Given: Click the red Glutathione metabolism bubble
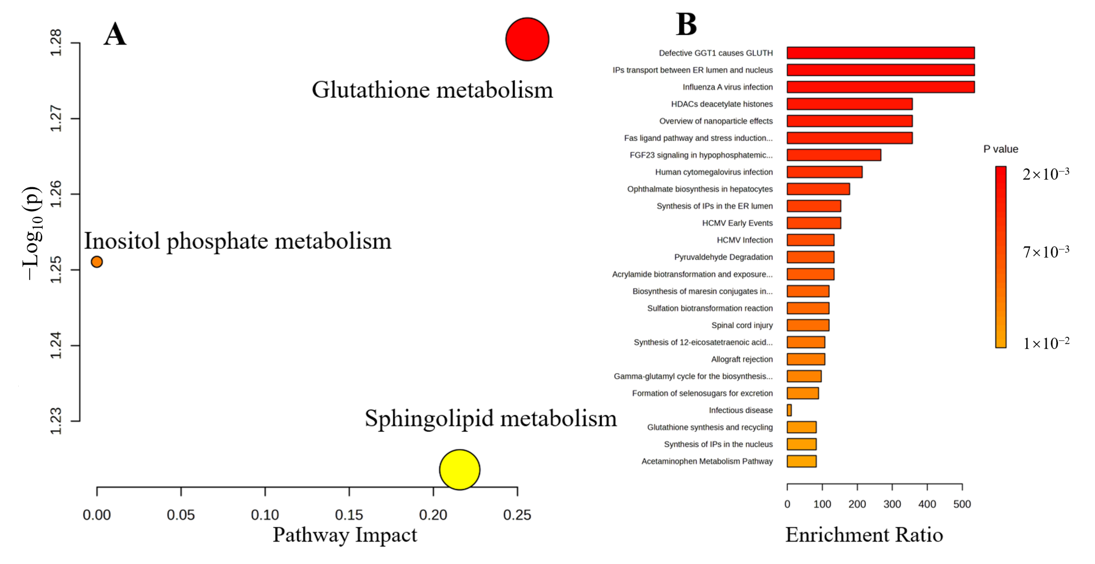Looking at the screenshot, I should pyautogui.click(x=527, y=39).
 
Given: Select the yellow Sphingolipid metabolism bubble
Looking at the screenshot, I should pyautogui.click(x=460, y=469).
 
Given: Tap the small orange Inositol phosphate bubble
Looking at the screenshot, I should pyautogui.click(x=97, y=262).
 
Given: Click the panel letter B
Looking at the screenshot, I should pyautogui.click(x=686, y=24).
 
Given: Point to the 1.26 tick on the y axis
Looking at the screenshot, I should pyautogui.click(x=56, y=194).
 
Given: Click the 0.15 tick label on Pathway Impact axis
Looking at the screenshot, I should pyautogui.click(x=349, y=515).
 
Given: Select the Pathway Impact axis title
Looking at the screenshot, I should pyautogui.click(x=345, y=535).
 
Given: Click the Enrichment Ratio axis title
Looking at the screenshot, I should pyautogui.click(x=864, y=535).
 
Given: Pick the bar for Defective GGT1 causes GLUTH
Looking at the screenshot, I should pyautogui.click(x=880, y=53).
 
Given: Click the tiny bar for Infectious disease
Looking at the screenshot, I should pyautogui.click(x=789, y=410).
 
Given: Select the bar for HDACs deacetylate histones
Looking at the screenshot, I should pyautogui.click(x=849, y=104).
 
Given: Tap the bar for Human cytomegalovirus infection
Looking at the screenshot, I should pyautogui.click(x=824, y=172).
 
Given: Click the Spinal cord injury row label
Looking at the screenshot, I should pyautogui.click(x=742, y=325).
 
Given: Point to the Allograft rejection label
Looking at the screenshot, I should pyautogui.click(x=742, y=359).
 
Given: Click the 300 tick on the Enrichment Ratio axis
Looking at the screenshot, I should pyautogui.click(x=892, y=504).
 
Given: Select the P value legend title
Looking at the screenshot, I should pyautogui.click(x=1001, y=149).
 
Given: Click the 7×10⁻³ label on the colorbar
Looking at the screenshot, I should pyautogui.click(x=1046, y=252).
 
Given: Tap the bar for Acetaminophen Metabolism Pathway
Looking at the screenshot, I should pyautogui.click(x=801, y=461).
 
